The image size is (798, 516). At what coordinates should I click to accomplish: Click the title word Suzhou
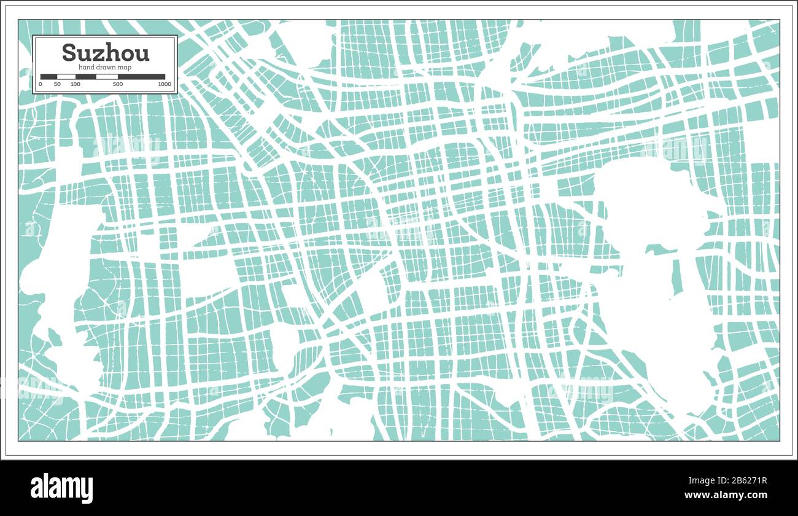(x=106, y=53)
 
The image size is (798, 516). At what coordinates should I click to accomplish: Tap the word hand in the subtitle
(x=86, y=66)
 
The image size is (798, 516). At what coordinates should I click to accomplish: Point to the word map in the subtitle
(x=126, y=66)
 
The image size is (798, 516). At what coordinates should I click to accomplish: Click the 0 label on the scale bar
(x=41, y=84)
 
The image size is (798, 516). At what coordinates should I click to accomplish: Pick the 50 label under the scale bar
(x=57, y=84)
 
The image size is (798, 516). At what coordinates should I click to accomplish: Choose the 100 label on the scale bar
(x=75, y=84)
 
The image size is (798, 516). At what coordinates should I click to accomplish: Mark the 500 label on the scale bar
(x=118, y=84)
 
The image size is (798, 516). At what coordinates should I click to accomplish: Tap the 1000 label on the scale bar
(x=164, y=84)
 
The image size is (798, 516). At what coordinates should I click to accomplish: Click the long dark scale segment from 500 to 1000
(x=141, y=77)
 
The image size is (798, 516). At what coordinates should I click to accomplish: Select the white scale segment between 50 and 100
(x=66, y=77)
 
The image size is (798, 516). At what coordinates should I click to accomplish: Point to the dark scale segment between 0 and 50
(x=48, y=77)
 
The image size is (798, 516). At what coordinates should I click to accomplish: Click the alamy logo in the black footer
(x=62, y=488)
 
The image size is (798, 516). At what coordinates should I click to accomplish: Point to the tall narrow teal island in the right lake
(x=677, y=276)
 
